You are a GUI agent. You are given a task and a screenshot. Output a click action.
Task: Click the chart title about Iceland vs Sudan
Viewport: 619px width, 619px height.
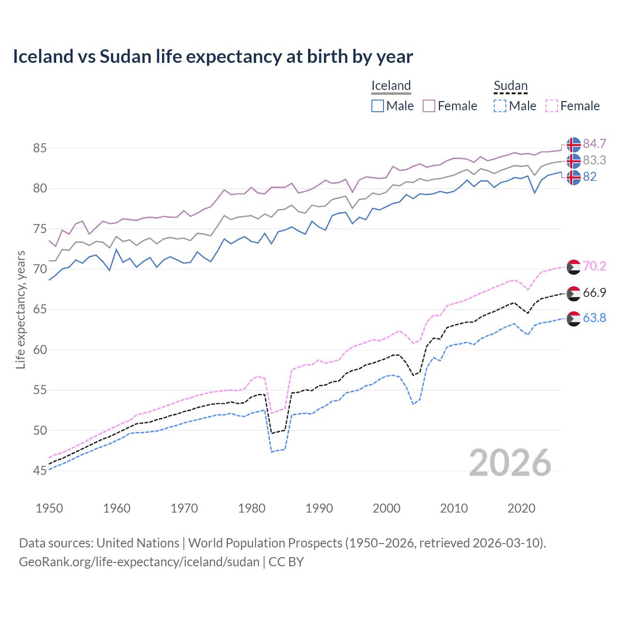[213, 57]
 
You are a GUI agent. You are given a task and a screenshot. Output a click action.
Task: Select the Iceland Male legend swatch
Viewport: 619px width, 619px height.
[378, 106]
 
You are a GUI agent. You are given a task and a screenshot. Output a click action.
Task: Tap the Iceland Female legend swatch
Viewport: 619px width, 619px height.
[429, 106]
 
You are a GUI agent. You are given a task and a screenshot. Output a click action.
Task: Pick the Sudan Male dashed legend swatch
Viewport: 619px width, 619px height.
[500, 106]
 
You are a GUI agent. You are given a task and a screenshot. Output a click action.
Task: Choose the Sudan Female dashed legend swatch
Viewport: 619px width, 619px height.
[551, 106]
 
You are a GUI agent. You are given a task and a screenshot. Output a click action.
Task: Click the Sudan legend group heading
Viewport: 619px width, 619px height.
[510, 86]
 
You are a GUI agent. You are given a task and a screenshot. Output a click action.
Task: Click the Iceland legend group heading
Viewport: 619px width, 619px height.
[391, 86]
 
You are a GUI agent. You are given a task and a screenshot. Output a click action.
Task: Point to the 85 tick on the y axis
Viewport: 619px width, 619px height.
[40, 148]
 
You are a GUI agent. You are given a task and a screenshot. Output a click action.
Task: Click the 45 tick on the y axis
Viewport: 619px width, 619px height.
[40, 471]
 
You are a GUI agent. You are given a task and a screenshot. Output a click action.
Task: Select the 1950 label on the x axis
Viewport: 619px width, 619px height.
[49, 508]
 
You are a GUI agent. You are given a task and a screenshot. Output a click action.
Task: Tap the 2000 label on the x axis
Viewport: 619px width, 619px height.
[386, 508]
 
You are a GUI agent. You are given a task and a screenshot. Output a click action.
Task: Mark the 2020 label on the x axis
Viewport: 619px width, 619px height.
[521, 508]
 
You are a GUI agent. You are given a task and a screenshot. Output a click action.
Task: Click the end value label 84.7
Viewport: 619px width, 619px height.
[594, 144]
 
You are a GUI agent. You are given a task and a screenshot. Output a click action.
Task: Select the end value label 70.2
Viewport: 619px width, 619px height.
[594, 266]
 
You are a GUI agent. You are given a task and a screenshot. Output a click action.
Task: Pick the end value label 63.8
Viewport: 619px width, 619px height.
[594, 318]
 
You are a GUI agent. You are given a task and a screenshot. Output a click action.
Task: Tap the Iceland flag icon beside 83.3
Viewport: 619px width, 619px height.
[574, 161]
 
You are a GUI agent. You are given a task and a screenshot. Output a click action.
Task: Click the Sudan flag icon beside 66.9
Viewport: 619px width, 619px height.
[574, 293]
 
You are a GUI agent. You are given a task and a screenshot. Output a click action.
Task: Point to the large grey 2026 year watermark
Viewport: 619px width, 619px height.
[510, 463]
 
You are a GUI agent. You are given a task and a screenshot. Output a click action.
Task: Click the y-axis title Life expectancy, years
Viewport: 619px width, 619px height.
[20, 309]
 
